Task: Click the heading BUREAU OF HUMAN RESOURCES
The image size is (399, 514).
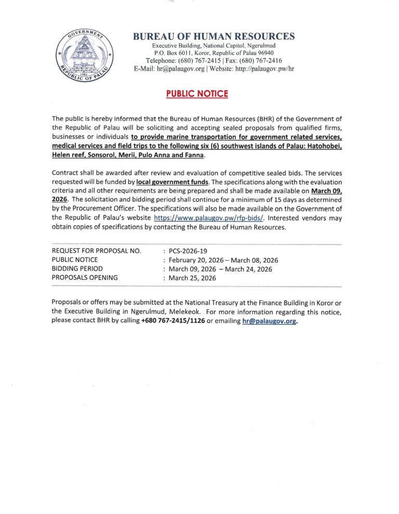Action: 214,36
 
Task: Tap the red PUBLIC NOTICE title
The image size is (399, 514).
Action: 197,93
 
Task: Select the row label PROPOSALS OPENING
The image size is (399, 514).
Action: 85,278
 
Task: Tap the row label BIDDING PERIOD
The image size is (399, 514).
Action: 77,269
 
